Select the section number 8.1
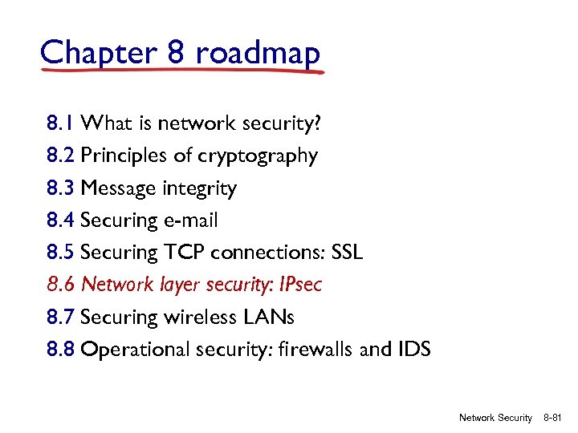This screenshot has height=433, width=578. pos(61,123)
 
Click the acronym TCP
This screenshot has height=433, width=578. pos(185,253)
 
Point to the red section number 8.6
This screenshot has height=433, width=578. pos(61,285)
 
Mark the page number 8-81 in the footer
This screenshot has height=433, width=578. pos(556,418)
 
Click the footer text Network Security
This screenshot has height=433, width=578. pos(495,418)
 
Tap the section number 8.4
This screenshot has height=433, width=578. pos(61,221)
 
